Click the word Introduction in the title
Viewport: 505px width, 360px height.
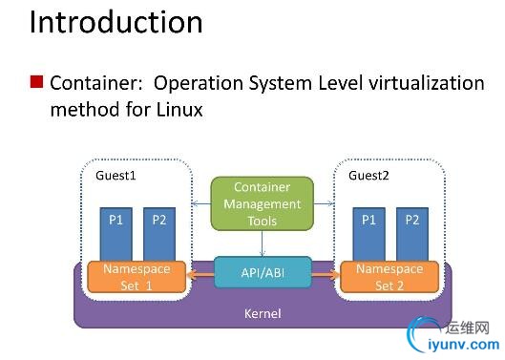tap(116, 22)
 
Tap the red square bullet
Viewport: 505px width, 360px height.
tap(36, 81)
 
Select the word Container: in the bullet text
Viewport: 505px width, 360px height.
tap(96, 83)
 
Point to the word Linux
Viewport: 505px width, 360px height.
tap(179, 109)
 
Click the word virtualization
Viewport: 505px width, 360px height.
tap(427, 83)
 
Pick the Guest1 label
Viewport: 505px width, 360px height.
tap(116, 176)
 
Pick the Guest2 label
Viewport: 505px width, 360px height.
tap(368, 176)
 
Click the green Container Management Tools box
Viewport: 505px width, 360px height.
tap(263, 203)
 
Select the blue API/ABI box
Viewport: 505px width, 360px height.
tap(263, 273)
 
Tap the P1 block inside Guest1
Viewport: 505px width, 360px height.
tap(116, 234)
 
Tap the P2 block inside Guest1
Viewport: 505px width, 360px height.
tap(159, 234)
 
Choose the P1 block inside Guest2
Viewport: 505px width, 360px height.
tap(369, 234)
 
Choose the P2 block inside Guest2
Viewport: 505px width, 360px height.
tap(412, 234)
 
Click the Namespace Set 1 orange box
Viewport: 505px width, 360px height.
tap(137, 277)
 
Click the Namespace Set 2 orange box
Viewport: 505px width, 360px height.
tap(389, 277)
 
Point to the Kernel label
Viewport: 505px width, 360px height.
tap(263, 313)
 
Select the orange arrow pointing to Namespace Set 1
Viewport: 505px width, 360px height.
tap(200, 275)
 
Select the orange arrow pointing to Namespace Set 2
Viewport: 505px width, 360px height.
tap(326, 275)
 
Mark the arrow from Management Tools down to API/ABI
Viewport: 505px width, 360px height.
tap(263, 244)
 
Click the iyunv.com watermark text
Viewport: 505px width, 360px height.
tap(464, 345)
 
